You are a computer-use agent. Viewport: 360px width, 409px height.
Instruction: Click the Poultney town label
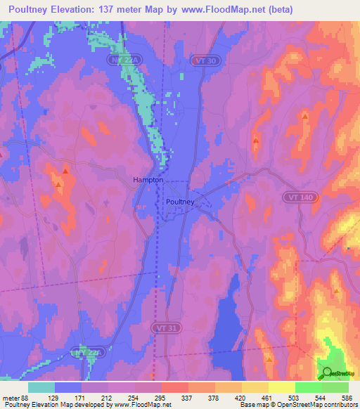(180, 202)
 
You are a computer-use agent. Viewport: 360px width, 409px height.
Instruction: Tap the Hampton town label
(148, 180)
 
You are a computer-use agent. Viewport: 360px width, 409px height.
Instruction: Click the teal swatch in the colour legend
(41, 387)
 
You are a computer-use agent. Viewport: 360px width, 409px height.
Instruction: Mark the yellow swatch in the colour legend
(281, 387)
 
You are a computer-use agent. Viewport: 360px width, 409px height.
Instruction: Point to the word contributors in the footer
(338, 404)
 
